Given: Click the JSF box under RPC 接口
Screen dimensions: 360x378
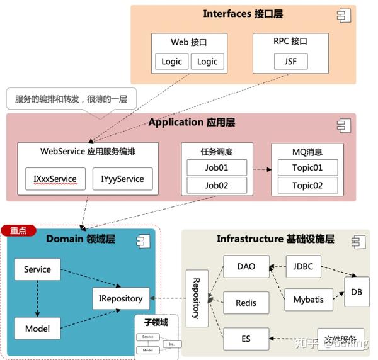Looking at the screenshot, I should (x=290, y=61).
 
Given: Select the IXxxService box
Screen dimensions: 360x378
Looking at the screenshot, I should (x=55, y=179).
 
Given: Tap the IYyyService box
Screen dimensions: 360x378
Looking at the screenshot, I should (x=122, y=179).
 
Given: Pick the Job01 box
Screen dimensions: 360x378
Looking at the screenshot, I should (x=216, y=168).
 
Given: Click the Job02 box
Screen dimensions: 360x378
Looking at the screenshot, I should (x=216, y=186).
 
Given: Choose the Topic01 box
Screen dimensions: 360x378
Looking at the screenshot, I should (x=307, y=168).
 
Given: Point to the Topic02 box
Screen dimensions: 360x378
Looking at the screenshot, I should (x=307, y=186).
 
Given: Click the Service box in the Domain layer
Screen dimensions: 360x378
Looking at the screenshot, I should (x=37, y=269).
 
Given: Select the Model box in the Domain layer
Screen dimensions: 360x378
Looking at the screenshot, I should (x=37, y=329).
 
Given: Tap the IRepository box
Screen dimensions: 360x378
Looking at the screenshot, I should (x=121, y=298).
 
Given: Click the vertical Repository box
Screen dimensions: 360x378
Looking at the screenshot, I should (x=196, y=298).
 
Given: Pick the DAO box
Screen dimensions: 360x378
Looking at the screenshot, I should (x=246, y=266).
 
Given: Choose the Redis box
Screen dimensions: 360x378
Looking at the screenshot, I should (x=246, y=303).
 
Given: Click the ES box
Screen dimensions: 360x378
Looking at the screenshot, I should (x=246, y=339).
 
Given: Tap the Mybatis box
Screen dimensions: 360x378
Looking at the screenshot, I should (x=308, y=300).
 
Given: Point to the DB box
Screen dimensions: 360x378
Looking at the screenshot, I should (x=357, y=293).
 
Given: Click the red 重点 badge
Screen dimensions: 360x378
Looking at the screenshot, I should (x=18, y=231).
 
